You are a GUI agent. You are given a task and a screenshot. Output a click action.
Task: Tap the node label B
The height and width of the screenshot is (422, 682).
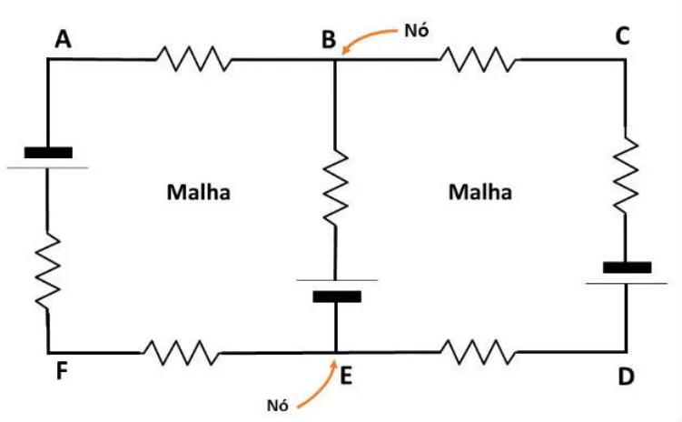[x=328, y=39]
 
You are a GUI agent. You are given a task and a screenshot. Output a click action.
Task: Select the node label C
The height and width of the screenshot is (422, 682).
[x=622, y=36]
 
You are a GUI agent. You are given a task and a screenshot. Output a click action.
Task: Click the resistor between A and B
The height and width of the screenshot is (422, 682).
[x=192, y=60]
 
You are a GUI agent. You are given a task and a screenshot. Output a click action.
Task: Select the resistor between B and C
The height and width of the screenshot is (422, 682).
[x=478, y=60]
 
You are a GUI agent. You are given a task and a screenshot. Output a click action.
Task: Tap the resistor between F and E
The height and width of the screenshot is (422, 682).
[x=181, y=352]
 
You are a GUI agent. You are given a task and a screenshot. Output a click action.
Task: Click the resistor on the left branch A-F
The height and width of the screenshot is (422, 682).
[x=48, y=268]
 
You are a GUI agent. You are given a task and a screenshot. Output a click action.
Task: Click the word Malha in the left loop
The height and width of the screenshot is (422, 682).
[x=198, y=193]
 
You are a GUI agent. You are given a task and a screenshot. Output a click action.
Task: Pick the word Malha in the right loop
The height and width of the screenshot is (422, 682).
[x=480, y=193]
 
